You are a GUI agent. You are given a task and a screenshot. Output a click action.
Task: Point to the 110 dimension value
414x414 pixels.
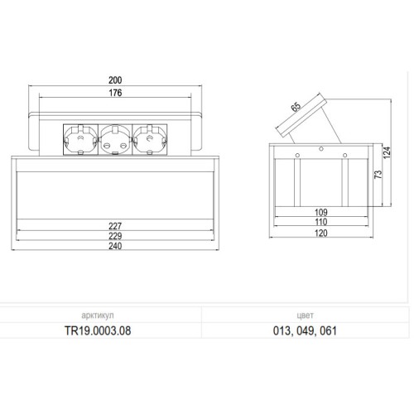click(321, 223)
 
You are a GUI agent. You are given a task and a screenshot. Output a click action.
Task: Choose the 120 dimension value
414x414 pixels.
click(321, 233)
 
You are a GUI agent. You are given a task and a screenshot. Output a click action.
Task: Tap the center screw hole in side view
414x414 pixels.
click(321, 150)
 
